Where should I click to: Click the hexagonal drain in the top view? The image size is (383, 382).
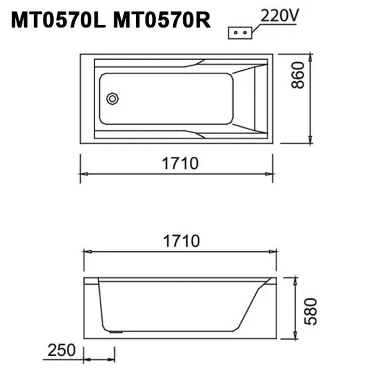(113, 99)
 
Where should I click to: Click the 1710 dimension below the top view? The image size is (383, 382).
(180, 164)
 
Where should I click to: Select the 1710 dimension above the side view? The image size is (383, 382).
(181, 241)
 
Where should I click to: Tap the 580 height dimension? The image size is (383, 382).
(311, 311)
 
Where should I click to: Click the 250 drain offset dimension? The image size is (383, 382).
(61, 350)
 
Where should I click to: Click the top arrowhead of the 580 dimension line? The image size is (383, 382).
(295, 280)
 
